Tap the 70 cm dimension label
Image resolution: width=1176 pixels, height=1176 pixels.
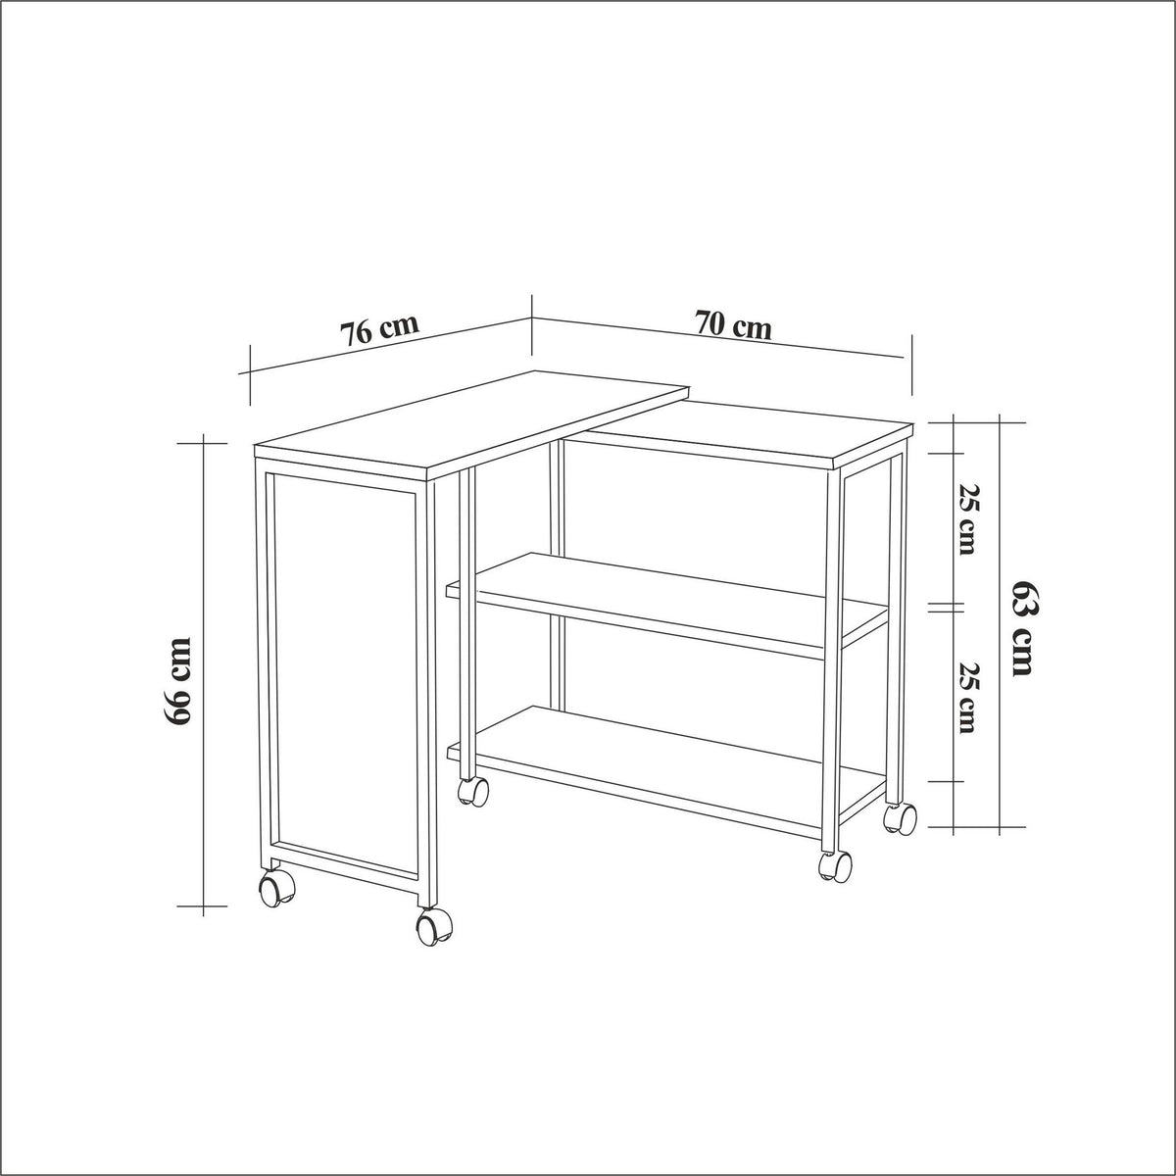(733, 325)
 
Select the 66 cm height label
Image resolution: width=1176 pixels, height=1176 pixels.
(177, 681)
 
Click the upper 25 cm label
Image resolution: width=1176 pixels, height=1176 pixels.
(967, 519)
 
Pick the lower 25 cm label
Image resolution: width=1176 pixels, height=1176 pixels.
(967, 697)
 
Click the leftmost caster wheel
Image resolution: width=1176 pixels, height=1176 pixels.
(277, 888)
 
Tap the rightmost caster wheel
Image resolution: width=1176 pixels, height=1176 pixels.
(901, 817)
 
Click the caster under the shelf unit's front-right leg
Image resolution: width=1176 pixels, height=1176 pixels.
(835, 866)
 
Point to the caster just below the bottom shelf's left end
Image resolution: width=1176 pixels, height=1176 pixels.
(473, 790)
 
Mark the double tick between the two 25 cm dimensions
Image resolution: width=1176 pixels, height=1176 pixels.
(946, 608)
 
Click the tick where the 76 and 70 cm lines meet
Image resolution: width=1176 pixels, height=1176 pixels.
(531, 324)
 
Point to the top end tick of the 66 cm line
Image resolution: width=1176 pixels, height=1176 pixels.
(203, 443)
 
